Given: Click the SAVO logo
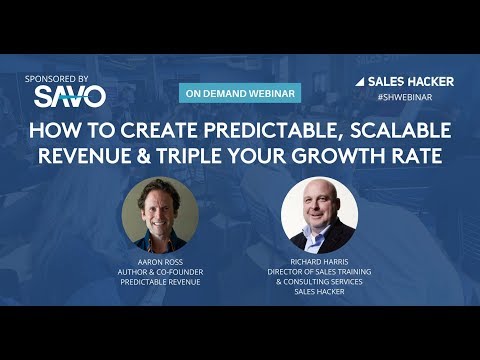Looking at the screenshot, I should click(68, 96).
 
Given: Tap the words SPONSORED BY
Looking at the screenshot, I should click(63, 77).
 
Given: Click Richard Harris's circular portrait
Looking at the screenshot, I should click(319, 213).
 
